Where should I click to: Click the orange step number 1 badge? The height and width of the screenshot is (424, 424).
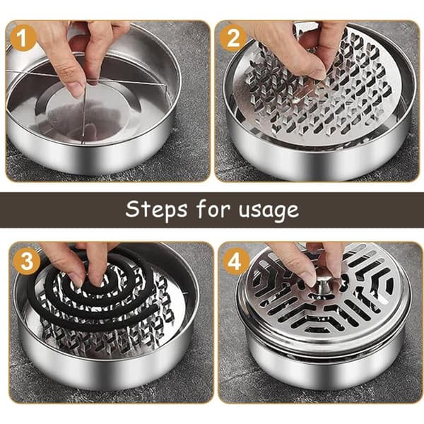(23, 38)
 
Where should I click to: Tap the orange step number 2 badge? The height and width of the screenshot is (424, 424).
(232, 38)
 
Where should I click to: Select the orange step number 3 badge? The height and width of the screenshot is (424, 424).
(27, 261)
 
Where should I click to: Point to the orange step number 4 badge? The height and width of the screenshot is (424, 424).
(235, 261)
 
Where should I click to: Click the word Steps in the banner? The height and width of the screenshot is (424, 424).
(156, 210)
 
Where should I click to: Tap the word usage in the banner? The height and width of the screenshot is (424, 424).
(269, 211)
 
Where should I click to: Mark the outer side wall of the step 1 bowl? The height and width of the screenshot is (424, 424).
(89, 151)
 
